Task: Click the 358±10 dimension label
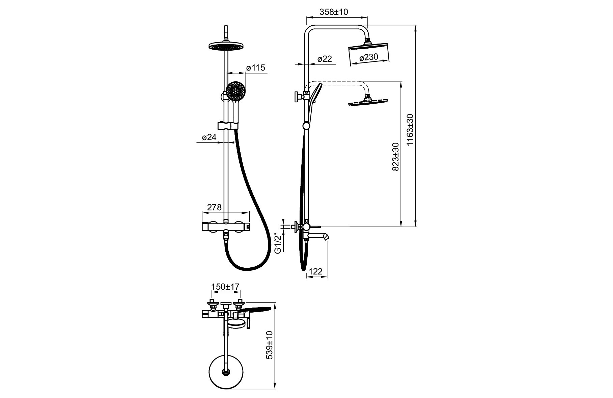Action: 334,12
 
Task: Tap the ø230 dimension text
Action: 368,57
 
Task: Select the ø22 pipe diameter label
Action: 325,59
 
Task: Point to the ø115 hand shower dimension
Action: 255,68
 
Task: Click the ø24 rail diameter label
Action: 209,137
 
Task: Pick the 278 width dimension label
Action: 214,207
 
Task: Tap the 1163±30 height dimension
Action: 410,130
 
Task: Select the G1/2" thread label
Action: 278,243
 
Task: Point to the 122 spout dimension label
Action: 316,271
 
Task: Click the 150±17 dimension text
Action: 225,287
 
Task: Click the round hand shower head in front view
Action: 236,90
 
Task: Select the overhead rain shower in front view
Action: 226,46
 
